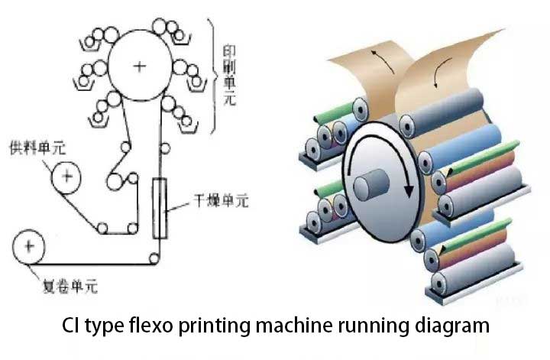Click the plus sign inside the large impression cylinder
click(138, 66)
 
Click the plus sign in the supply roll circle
click(67, 178)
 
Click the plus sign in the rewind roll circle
click(29, 247)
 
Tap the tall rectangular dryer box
click(160, 209)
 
